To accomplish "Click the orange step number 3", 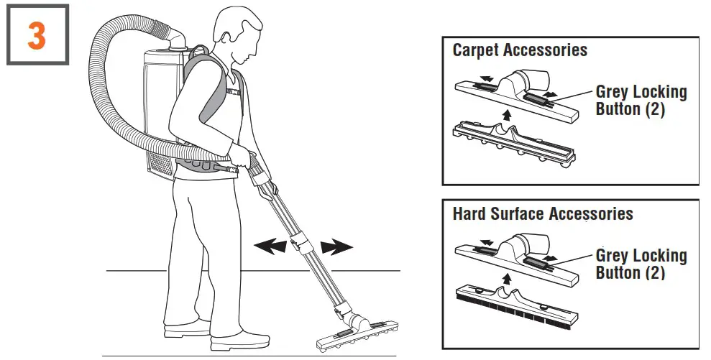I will point(37,35).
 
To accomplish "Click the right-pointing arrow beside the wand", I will point(336,248).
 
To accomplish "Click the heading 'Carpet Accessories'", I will point(520,50).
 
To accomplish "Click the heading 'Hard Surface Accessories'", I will point(543,214).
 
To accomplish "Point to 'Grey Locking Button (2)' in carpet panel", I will point(641,101).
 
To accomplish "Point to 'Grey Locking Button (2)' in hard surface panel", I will point(641,264).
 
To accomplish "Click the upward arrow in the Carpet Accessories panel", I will point(508,114).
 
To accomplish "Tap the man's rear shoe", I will point(185,332).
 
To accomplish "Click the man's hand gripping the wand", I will point(252,160).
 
